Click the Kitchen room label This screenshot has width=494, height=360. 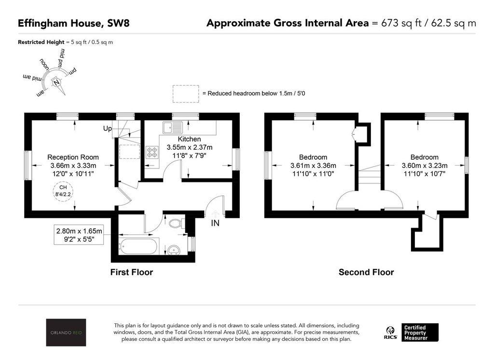tap(189, 139)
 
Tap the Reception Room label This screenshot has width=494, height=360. tap(73, 157)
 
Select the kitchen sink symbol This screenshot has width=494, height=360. tap(173, 128)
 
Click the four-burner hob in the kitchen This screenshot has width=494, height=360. tap(152, 152)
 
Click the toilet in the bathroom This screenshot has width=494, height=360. tap(176, 223)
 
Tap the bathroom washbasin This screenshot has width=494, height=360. tap(174, 249)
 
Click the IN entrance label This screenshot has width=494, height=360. tap(215, 223)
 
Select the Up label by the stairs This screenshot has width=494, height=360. tap(108, 128)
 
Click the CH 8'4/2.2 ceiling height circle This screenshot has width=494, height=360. tap(63, 191)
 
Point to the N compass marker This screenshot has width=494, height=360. tap(56, 82)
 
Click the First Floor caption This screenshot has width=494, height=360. tap(132, 272)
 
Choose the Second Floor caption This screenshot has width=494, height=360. tap(366, 272)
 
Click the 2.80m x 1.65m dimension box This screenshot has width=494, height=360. tap(79, 235)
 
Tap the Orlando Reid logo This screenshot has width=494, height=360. tap(66, 332)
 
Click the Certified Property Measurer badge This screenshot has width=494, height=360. tap(420, 332)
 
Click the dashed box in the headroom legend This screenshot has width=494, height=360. tap(186, 94)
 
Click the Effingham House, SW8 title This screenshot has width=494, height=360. tap(74, 23)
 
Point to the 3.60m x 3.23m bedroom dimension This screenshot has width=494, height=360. tap(425, 165)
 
